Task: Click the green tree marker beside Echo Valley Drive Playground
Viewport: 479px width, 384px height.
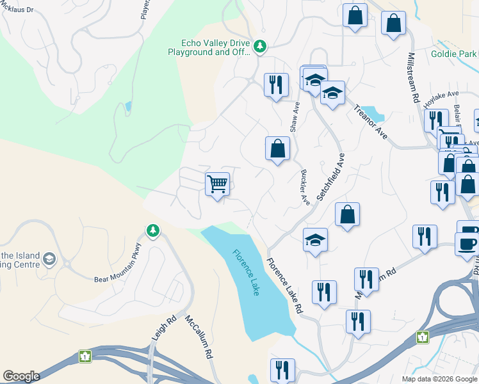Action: pyautogui.click(x=260, y=45)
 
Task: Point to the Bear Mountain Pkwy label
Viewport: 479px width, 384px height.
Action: pyautogui.click(x=117, y=271)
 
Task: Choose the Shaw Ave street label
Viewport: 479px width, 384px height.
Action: pyautogui.click(x=295, y=117)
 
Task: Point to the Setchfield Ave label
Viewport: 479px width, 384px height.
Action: pyautogui.click(x=330, y=177)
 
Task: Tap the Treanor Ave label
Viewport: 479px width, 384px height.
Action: pyautogui.click(x=371, y=122)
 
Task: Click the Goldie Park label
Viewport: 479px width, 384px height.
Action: pyautogui.click(x=454, y=54)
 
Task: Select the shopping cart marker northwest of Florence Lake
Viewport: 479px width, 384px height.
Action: pyautogui.click(x=218, y=184)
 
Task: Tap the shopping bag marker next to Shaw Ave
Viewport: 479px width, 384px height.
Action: pyautogui.click(x=277, y=149)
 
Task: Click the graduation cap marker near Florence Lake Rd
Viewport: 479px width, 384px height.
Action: pyautogui.click(x=315, y=241)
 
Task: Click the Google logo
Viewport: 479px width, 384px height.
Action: pyautogui.click(x=21, y=376)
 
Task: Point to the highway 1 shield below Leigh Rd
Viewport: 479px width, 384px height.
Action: pyautogui.click(x=85, y=355)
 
